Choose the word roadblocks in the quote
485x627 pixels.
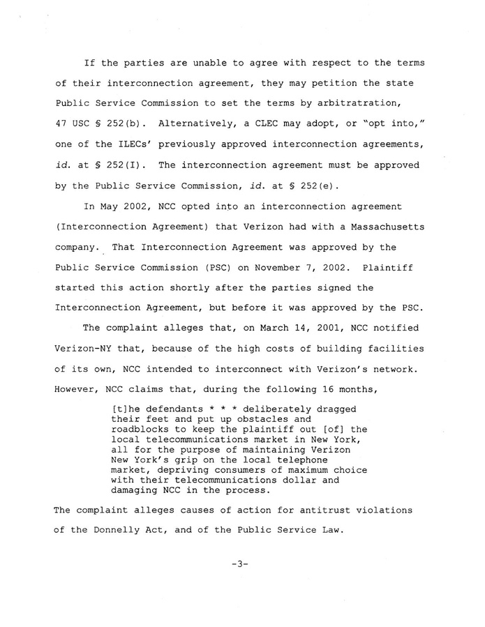pos(144,430)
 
